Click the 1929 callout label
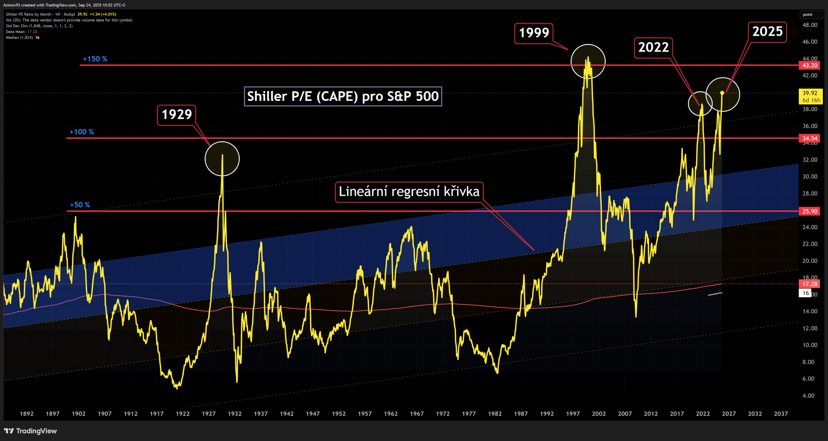[x=177, y=115]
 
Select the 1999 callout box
[x=534, y=33]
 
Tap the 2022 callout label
[x=653, y=48]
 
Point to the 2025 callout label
[x=767, y=32]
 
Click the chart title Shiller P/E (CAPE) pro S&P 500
[x=343, y=96]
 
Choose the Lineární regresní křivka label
[x=409, y=192]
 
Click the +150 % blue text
[x=95, y=59]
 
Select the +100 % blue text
[x=82, y=132]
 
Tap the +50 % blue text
[x=80, y=205]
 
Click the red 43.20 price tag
[x=810, y=65]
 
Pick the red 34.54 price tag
[x=810, y=138]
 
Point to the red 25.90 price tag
[x=810, y=211]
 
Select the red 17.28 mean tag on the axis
[x=810, y=284]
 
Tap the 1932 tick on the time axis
[x=234, y=413]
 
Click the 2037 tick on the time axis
[x=780, y=413]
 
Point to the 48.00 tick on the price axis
[x=810, y=25]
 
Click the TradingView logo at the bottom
[x=30, y=431]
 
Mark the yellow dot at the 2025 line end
[x=722, y=93]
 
